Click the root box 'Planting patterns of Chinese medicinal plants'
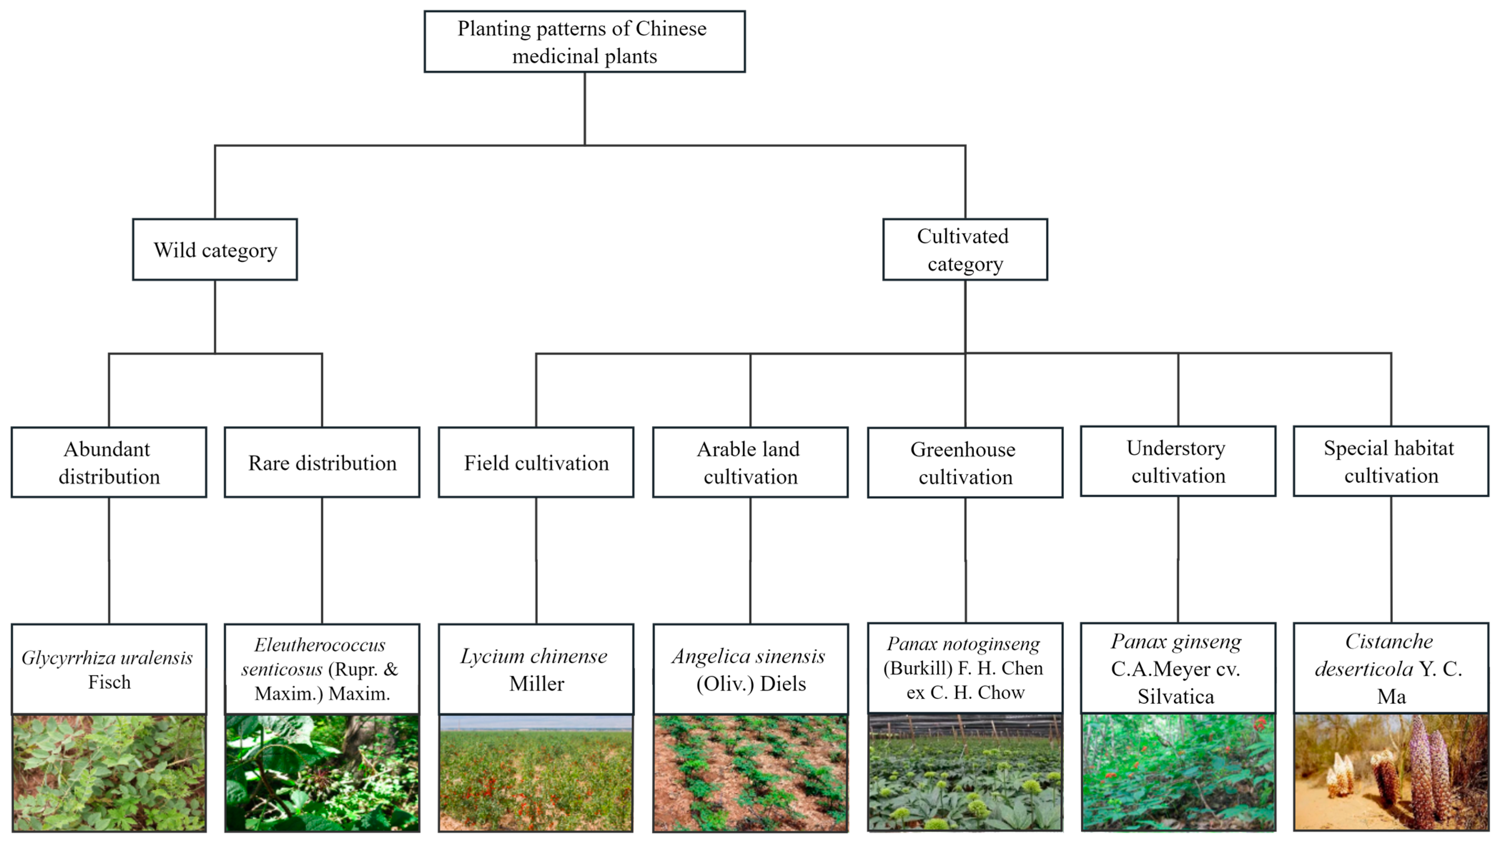click(x=584, y=42)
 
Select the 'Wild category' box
click(x=214, y=250)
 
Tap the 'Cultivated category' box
click(x=965, y=250)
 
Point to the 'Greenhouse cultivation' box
click(x=965, y=463)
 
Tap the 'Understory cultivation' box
click(x=1178, y=462)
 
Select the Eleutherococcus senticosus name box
click(x=322, y=669)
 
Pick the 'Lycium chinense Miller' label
click(x=536, y=669)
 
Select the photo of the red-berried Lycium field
click(x=536, y=773)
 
